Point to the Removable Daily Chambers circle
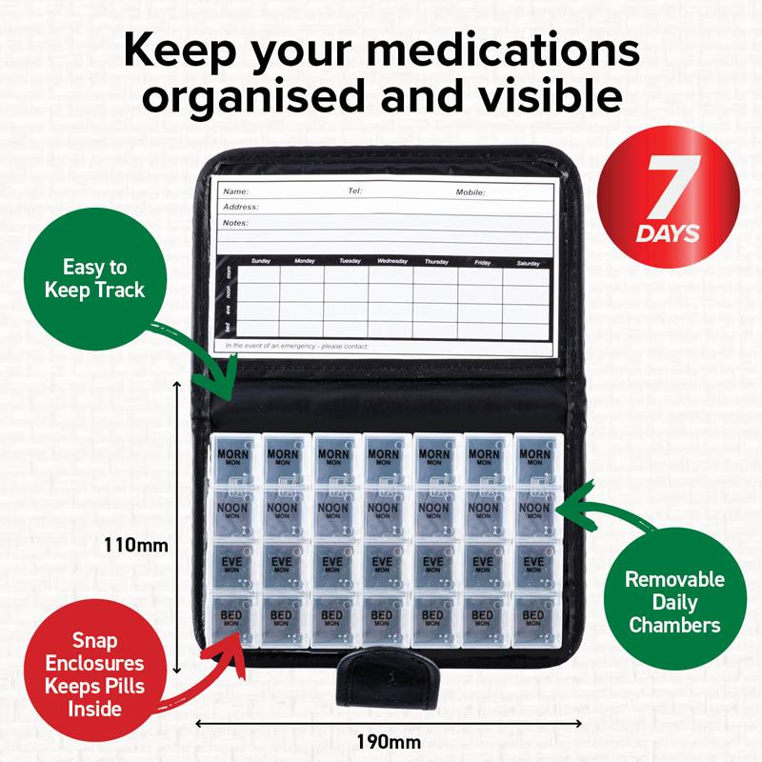(x=674, y=602)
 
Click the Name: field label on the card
(x=235, y=191)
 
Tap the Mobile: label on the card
(x=471, y=191)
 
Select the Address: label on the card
(x=241, y=207)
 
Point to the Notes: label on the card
(x=235, y=223)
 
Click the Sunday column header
(x=260, y=261)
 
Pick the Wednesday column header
(x=392, y=261)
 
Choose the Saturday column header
(x=527, y=261)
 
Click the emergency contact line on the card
(x=296, y=346)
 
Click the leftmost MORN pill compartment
(x=231, y=463)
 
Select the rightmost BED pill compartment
(x=534, y=620)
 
